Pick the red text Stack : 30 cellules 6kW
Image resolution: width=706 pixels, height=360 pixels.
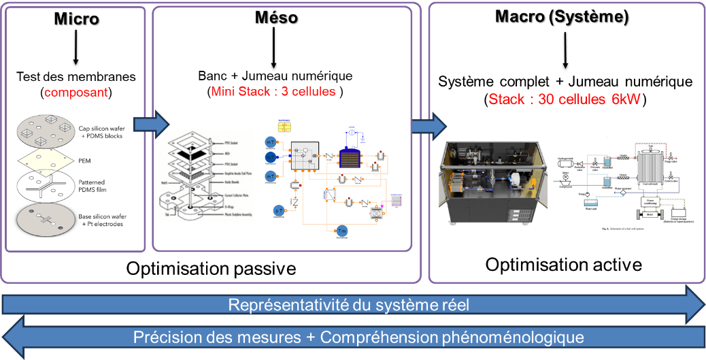pyautogui.click(x=565, y=99)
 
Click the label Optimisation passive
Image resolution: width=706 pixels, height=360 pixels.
pyautogui.click(x=211, y=268)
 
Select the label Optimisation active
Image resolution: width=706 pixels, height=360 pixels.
pyautogui.click(x=564, y=263)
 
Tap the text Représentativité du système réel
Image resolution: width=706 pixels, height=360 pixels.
pyautogui.click(x=348, y=304)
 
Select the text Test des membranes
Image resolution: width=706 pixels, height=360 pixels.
pyautogui.click(x=76, y=76)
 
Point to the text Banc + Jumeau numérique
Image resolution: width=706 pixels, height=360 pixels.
pyautogui.click(x=275, y=76)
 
